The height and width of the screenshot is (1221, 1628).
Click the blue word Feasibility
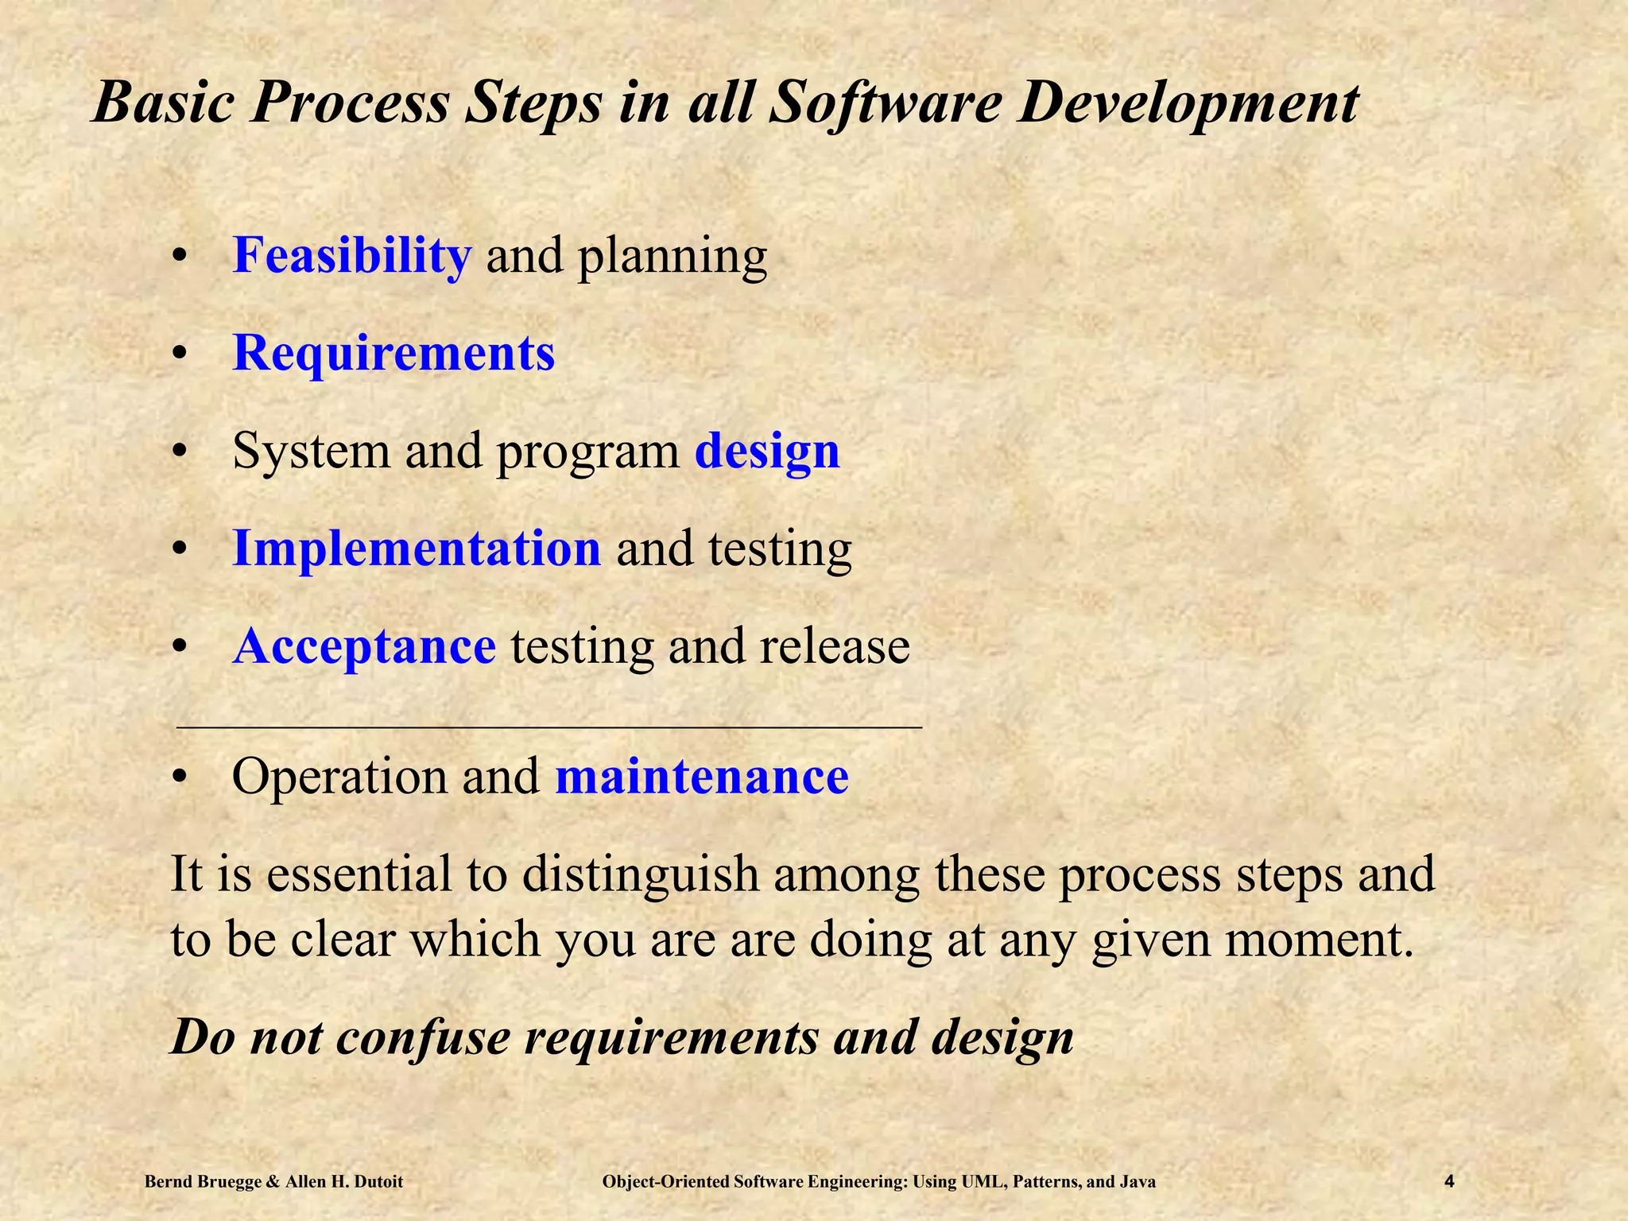[351, 256]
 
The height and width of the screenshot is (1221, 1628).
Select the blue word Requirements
[393, 353]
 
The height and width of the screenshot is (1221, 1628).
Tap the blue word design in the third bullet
[767, 452]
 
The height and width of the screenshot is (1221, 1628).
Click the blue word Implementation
[416, 548]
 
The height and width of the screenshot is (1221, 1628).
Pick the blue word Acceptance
[364, 646]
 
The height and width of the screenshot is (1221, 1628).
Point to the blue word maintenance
[702, 777]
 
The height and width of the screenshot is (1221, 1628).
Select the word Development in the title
[1188, 103]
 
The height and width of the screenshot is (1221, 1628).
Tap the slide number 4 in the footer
[1449, 1181]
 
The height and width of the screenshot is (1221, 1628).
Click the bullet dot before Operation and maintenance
[181, 777]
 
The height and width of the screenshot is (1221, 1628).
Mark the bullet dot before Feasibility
[181, 258]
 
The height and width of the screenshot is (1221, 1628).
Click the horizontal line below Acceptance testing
[548, 727]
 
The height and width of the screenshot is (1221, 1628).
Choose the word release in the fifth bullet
[834, 646]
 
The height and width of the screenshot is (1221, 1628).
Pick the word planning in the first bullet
[673, 258]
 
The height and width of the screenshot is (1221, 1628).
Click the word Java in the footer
[1138, 1182]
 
